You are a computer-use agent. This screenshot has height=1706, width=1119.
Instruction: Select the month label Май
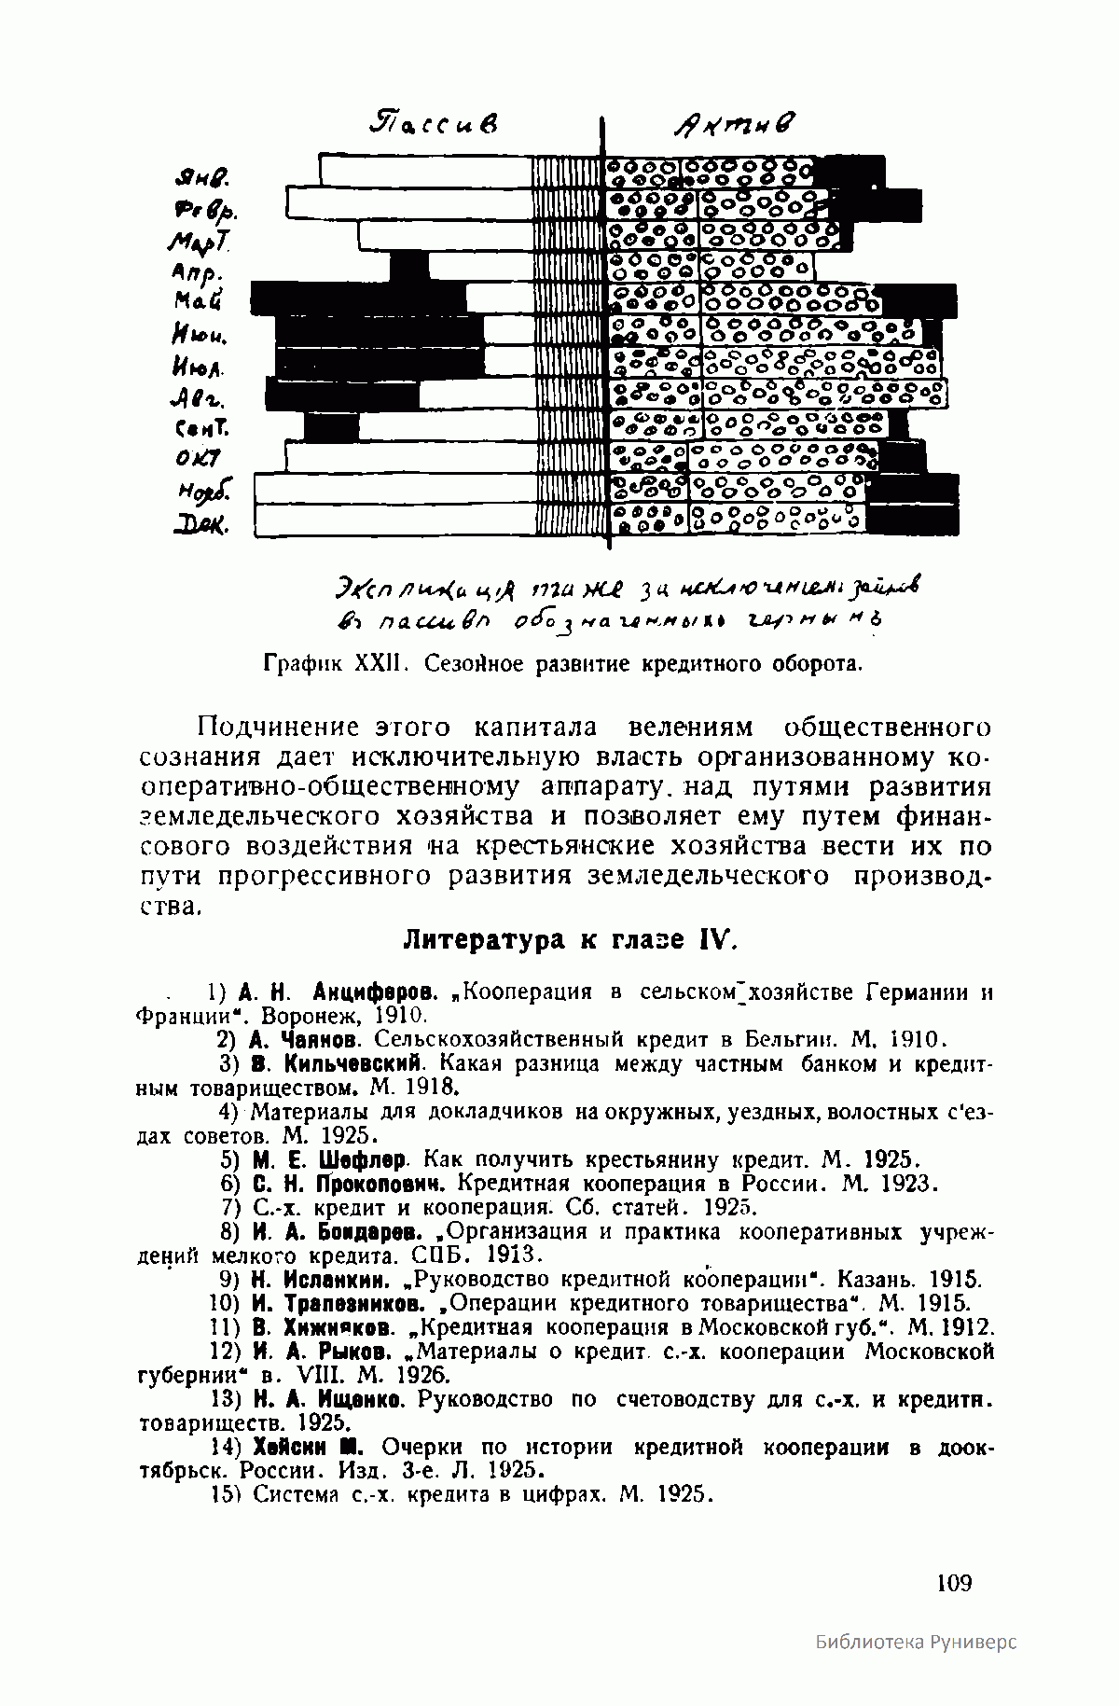(x=198, y=300)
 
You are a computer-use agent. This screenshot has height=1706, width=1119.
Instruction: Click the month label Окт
(x=197, y=460)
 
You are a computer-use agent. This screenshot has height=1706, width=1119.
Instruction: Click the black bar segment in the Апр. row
(x=408, y=267)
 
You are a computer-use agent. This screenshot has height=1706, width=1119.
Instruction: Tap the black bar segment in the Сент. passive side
(x=331, y=427)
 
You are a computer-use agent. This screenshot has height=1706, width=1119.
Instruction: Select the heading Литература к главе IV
(x=570, y=939)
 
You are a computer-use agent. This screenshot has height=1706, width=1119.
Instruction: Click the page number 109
(x=953, y=1582)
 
